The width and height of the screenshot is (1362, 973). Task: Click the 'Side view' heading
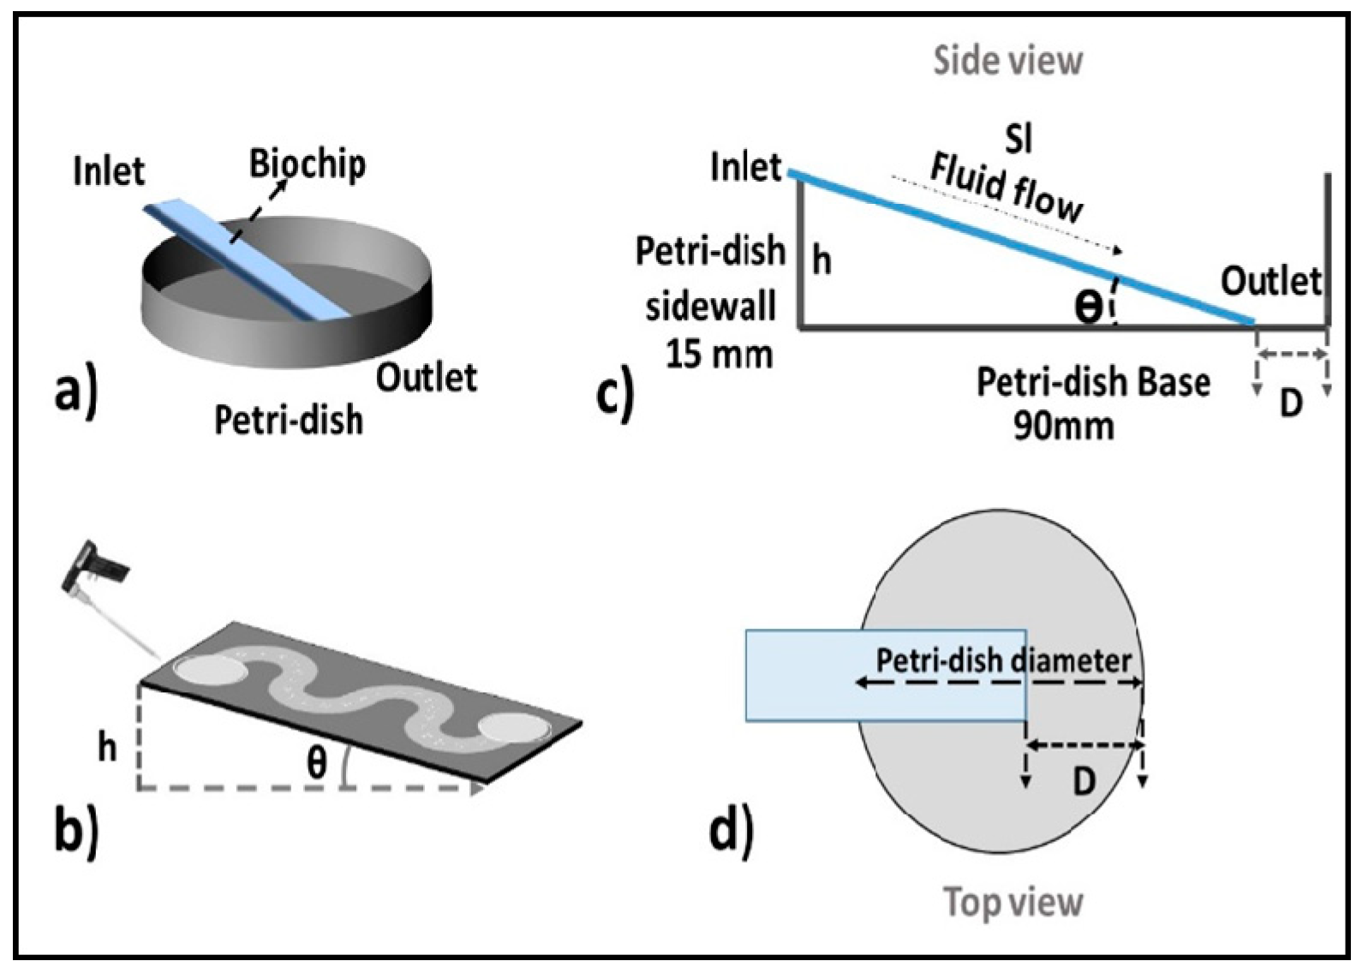pyautogui.click(x=1007, y=61)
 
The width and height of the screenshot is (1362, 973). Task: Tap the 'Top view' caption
pyautogui.click(x=1013, y=902)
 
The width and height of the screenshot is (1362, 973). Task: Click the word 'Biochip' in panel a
pyautogui.click(x=308, y=163)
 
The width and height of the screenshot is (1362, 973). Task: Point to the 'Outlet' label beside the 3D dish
pyautogui.click(x=426, y=377)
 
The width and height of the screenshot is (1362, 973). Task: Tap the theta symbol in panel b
pyautogui.click(x=317, y=761)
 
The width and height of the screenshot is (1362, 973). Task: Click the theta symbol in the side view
pyautogui.click(x=1089, y=307)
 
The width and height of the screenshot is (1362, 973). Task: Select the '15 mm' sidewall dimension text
pyautogui.click(x=719, y=353)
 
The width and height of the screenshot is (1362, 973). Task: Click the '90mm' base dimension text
pyautogui.click(x=1064, y=425)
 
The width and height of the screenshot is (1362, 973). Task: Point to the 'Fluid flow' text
pyautogui.click(x=1007, y=188)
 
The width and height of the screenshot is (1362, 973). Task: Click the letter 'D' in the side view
pyautogui.click(x=1291, y=402)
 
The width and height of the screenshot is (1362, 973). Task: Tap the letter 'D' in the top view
pyautogui.click(x=1084, y=780)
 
